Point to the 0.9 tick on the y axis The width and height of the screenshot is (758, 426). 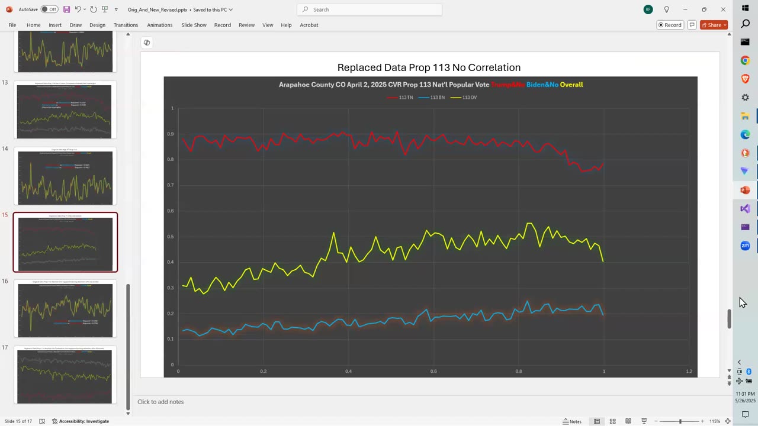[x=172, y=134]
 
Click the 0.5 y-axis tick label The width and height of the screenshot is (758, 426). [x=172, y=237]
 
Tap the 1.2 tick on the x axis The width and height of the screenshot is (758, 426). [x=689, y=371]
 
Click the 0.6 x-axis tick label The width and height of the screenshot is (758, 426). [x=433, y=371]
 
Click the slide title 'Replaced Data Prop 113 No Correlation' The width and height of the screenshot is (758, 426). [x=429, y=67]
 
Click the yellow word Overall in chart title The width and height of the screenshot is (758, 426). [x=571, y=85]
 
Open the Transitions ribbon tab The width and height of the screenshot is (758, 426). [x=126, y=25]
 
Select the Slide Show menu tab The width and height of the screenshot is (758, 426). [x=194, y=25]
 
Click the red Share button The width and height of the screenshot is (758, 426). [x=714, y=25]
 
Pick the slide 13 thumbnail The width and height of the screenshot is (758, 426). [x=65, y=111]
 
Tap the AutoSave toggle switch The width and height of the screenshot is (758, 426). [x=49, y=9]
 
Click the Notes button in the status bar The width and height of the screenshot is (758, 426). [x=571, y=421]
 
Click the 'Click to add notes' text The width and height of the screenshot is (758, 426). [x=160, y=402]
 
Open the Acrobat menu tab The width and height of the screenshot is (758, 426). [x=309, y=25]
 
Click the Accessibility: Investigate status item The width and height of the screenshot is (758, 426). [x=80, y=421]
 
